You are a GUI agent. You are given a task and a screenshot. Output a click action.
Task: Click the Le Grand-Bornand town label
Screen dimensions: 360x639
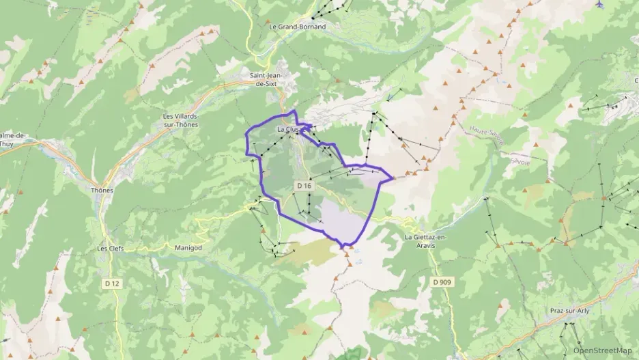297,27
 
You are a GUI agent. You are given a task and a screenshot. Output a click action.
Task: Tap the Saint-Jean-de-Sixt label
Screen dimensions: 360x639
272,79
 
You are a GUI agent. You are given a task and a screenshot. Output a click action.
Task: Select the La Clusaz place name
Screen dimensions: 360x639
289,129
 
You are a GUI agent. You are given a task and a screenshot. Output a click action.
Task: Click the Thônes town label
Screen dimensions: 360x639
102,190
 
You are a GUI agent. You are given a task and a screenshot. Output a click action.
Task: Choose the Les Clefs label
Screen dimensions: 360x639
111,248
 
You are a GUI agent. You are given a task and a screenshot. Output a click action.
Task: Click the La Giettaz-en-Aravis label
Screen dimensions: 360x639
425,240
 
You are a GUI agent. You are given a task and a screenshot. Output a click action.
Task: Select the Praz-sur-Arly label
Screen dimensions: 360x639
569,311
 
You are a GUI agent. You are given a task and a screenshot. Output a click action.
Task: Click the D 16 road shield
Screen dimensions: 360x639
304,186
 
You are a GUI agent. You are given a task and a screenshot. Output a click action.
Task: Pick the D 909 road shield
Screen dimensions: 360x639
442,280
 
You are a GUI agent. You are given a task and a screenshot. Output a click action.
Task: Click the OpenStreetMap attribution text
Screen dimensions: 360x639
603,350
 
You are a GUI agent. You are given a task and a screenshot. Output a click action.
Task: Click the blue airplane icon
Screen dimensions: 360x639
599,4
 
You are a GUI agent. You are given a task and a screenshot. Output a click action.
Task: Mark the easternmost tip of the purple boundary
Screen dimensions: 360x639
393,178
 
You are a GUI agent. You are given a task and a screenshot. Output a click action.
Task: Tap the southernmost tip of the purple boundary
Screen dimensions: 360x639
343,246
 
